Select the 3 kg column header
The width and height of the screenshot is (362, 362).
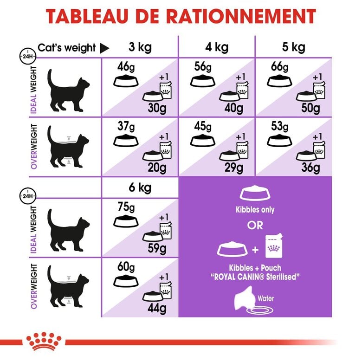point(139,47)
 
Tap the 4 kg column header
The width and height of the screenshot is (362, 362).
point(216,47)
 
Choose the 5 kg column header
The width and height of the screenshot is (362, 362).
point(293,47)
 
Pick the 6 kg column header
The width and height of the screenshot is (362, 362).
point(139,189)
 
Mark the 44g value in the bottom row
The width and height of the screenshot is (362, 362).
point(156,308)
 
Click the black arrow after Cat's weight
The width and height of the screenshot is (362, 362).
point(104,48)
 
